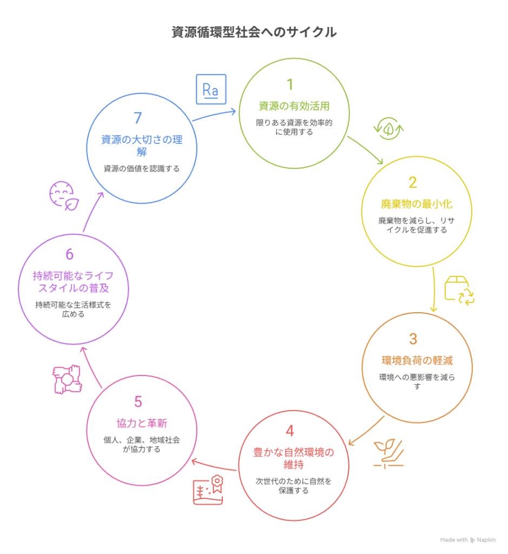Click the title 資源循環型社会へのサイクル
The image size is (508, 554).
point(254,32)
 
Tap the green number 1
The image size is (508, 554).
point(290,84)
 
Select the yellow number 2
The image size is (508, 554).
point(413,183)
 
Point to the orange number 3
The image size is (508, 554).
point(413,339)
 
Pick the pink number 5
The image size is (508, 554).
point(138,402)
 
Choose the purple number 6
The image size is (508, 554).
point(69,254)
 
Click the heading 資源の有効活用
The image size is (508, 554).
point(293,106)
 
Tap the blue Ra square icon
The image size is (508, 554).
point(210,89)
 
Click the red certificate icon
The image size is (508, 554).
point(208,490)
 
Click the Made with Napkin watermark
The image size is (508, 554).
point(467,540)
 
